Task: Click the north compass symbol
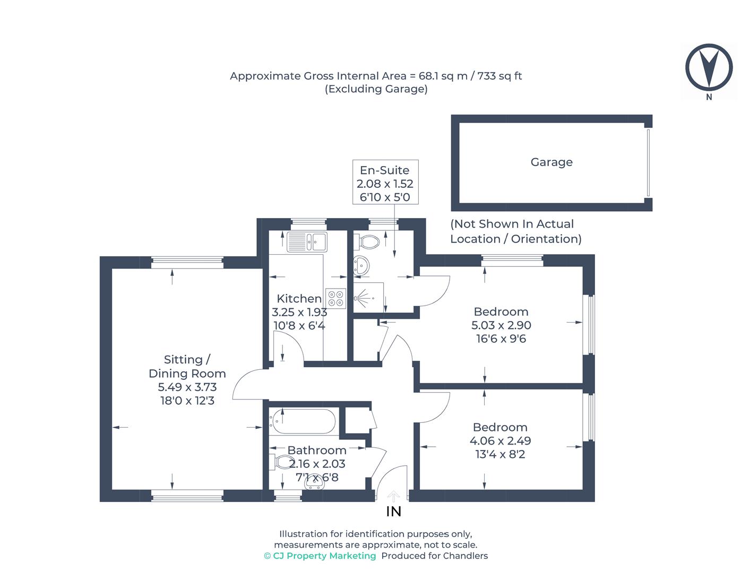click(709, 68)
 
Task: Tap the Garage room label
click(551, 162)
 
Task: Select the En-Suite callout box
click(385, 183)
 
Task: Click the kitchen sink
click(307, 242)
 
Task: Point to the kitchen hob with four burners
click(335, 298)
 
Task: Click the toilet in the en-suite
click(368, 242)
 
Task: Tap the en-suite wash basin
click(362, 265)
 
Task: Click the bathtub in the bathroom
click(303, 422)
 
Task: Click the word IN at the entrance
click(393, 511)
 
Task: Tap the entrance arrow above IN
click(393, 496)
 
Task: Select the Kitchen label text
click(299, 299)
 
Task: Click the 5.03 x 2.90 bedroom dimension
click(501, 325)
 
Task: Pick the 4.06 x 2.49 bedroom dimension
click(500, 441)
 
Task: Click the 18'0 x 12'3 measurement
click(187, 401)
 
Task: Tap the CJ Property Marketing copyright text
click(320, 556)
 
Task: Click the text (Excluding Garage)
click(376, 89)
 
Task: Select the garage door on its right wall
click(648, 162)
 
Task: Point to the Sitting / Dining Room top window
click(187, 260)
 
